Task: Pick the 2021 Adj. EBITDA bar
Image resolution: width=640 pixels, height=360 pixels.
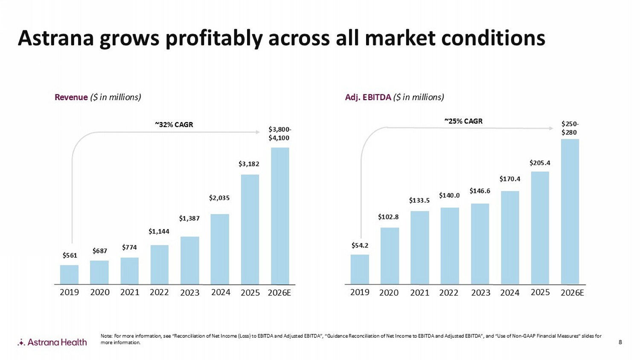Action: (x=419, y=247)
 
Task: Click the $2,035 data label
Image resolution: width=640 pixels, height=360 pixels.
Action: (x=219, y=198)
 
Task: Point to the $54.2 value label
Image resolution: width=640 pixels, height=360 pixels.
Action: (x=360, y=245)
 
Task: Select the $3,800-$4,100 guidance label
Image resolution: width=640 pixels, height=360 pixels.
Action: (x=279, y=134)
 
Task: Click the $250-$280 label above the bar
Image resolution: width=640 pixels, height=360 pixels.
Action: (x=570, y=128)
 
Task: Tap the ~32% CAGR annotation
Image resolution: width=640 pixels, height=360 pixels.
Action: (x=174, y=125)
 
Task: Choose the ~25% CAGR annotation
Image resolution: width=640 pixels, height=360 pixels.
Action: (x=463, y=121)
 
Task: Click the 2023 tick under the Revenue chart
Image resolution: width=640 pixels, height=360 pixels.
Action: (x=189, y=293)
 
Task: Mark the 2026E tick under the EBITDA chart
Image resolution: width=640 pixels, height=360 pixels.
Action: (x=572, y=293)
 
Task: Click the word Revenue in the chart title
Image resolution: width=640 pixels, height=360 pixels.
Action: (x=71, y=97)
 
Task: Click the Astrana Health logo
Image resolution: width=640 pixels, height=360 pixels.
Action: (x=52, y=342)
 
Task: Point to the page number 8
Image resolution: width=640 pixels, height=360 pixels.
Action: (x=620, y=342)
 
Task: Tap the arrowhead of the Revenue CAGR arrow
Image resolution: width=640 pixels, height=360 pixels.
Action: (x=258, y=132)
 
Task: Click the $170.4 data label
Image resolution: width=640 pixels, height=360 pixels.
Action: (x=510, y=179)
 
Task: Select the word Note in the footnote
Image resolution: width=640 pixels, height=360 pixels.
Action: (x=106, y=336)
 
